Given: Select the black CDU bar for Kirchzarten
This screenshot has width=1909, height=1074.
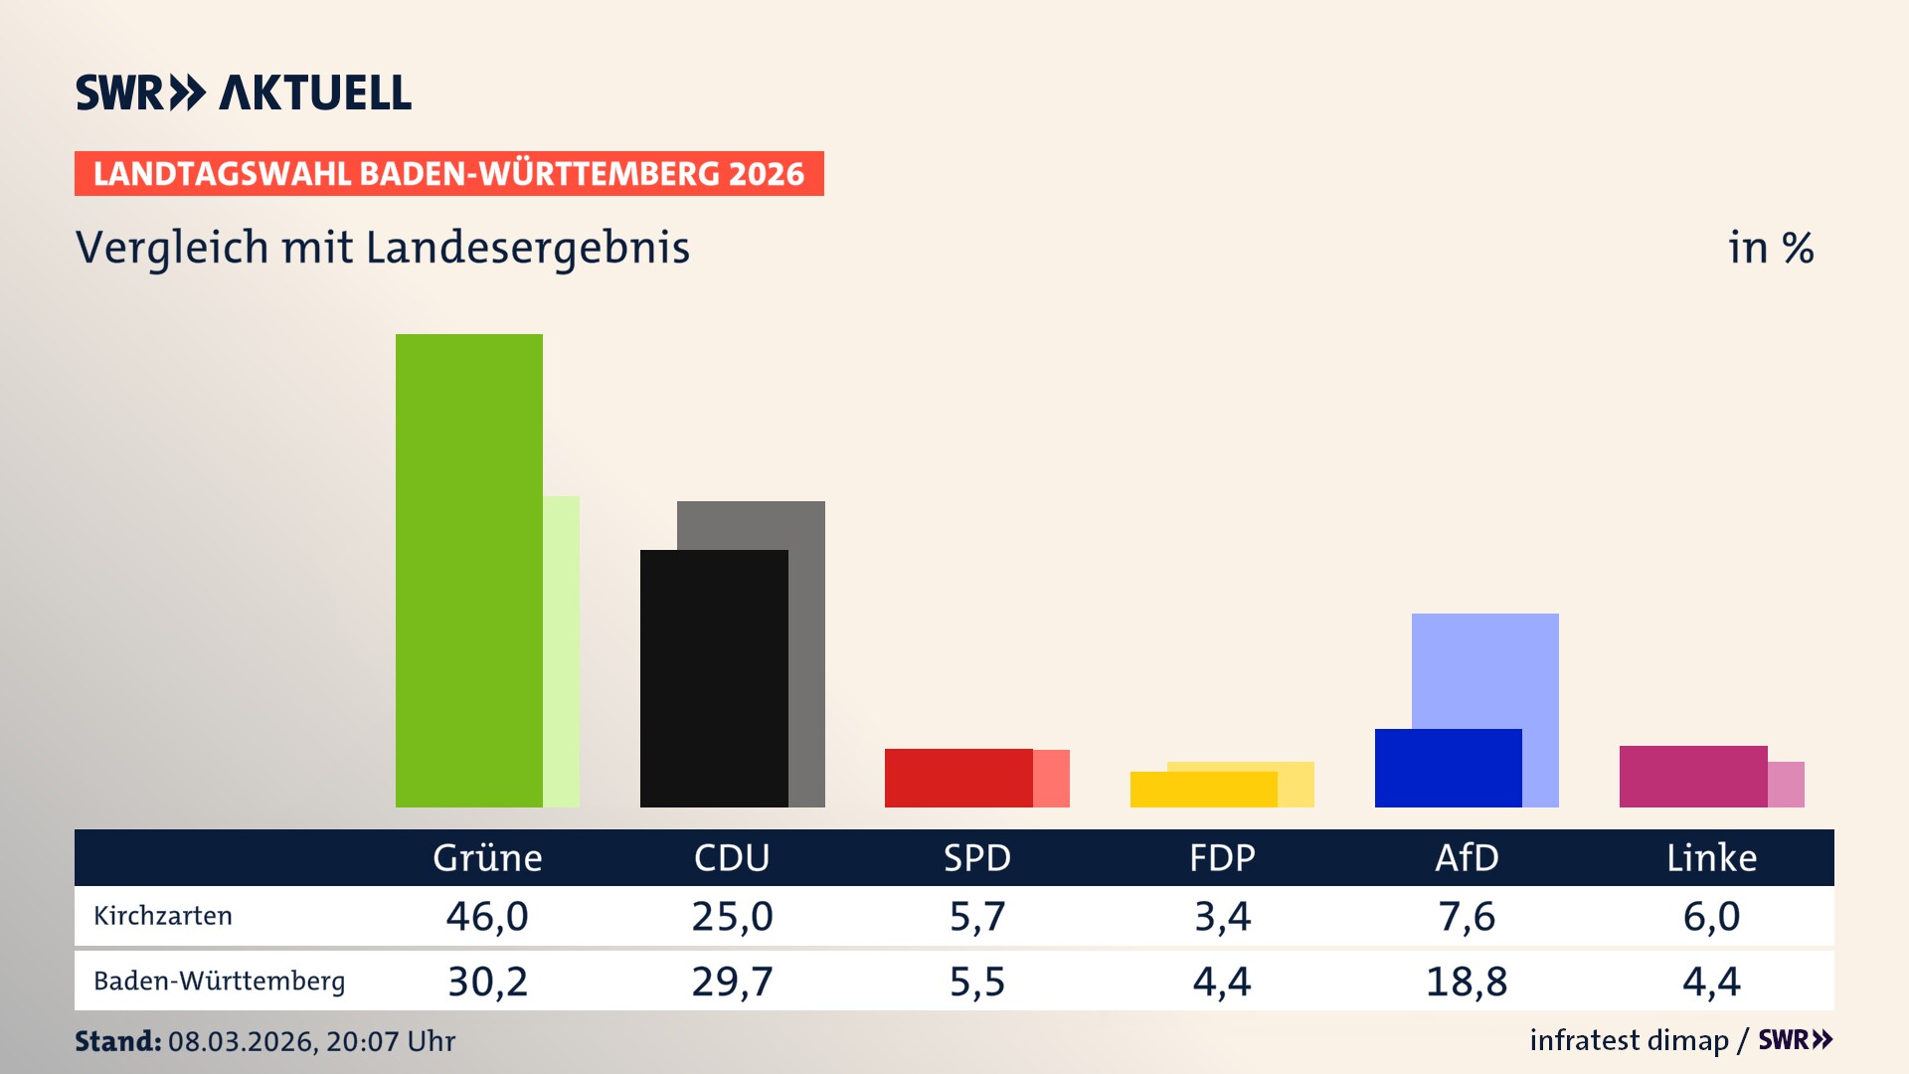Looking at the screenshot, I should coord(714,678).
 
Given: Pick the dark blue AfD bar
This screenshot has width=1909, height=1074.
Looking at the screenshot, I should coord(1448,768).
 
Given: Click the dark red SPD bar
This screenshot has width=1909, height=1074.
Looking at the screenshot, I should coord(958,778).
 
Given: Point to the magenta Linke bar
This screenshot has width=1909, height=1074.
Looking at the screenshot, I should coord(1693,776).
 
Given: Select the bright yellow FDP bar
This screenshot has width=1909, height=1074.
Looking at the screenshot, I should coord(1203,790).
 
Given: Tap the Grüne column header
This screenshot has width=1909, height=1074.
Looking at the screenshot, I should coord(487,857).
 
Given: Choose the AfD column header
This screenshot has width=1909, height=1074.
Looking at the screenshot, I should coord(1467,857).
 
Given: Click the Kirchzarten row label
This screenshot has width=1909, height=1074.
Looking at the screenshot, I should coord(163,916).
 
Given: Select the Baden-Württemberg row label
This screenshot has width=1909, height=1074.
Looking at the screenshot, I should coord(219,981).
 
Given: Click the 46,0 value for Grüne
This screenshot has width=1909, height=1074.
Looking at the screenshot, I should coord(487,916).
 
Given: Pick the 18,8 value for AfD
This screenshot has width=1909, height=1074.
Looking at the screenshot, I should coord(1467,982).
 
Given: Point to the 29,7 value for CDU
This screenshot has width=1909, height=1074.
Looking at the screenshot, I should coord(732,982).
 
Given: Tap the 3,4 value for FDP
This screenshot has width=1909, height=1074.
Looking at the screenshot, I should coord(1222,916).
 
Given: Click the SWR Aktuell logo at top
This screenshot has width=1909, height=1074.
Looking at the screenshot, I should coord(243,92).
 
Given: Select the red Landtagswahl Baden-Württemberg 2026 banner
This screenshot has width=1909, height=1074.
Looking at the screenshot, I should coord(448,173).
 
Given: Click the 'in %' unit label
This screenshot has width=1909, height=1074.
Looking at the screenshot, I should coord(1770,248).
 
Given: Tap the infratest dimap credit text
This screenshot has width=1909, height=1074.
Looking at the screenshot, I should coord(1629,1040).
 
